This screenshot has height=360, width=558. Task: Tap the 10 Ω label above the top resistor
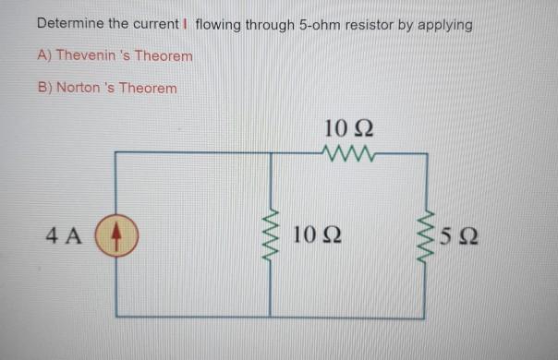click(x=348, y=127)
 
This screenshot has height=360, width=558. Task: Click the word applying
click(x=445, y=25)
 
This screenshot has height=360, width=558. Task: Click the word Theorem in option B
click(x=151, y=88)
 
